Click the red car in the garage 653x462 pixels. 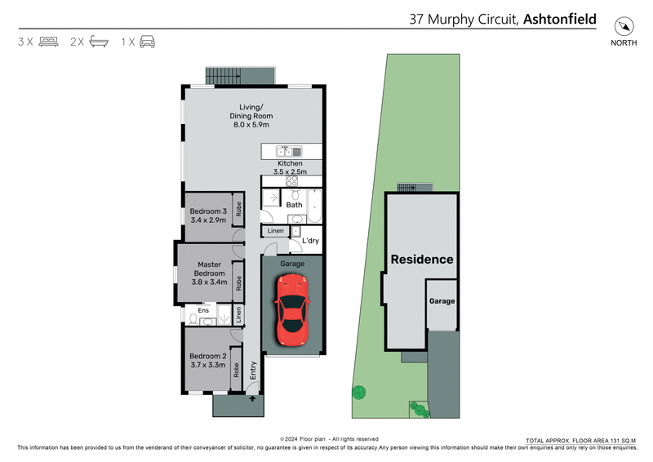(x=292, y=309)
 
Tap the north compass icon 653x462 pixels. (x=624, y=24)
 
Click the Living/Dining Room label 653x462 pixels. (x=251, y=116)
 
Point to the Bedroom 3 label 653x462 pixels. (x=208, y=215)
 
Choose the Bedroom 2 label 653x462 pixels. (x=207, y=361)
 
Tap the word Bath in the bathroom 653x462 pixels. (x=294, y=205)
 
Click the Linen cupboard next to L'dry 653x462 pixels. (x=275, y=232)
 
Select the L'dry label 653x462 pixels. (x=310, y=241)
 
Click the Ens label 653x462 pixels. (x=204, y=311)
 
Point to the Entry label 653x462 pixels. (x=253, y=371)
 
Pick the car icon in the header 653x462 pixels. (x=148, y=41)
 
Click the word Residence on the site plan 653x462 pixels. (x=421, y=260)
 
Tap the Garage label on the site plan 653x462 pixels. (x=442, y=301)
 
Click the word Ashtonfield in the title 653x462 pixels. (x=560, y=19)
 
